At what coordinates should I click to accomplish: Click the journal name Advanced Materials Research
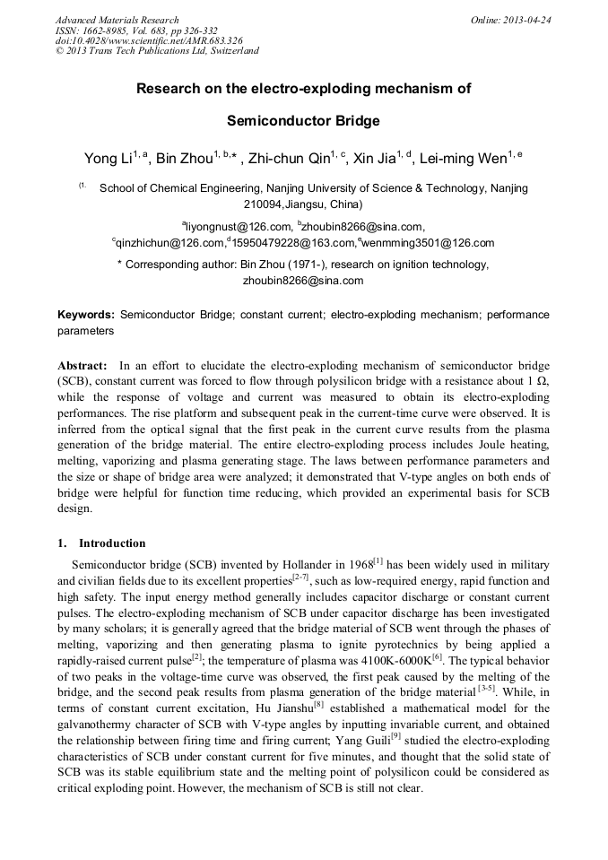pyautogui.click(x=117, y=20)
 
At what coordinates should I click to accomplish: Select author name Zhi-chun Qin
pyautogui.click(x=289, y=160)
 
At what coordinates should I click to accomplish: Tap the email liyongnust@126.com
pyautogui.click(x=238, y=227)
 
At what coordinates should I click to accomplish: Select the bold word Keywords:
pyautogui.click(x=85, y=316)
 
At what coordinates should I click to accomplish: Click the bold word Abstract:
pyautogui.click(x=83, y=367)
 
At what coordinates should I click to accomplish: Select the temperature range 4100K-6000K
pyautogui.click(x=390, y=657)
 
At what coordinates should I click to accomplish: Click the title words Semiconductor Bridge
pyautogui.click(x=303, y=120)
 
